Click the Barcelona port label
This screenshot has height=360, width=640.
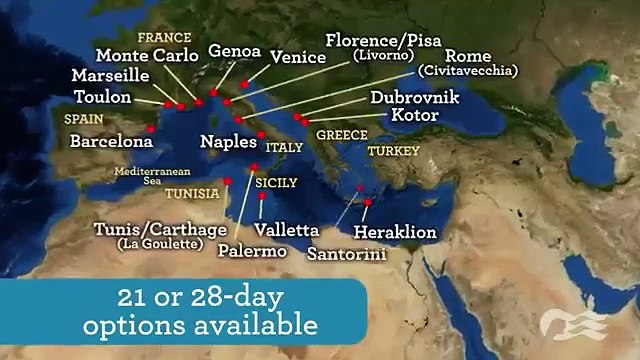coord(111,142)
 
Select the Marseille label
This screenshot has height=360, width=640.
coord(111,76)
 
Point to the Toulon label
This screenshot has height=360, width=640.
coord(103,97)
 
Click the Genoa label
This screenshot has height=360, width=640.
coord(235,51)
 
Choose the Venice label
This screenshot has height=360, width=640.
coord(295,58)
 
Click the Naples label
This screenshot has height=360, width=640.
coord(229,142)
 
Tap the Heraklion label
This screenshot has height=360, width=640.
coord(396,232)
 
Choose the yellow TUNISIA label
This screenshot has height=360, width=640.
coord(193,192)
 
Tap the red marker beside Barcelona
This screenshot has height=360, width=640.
coord(150,128)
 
